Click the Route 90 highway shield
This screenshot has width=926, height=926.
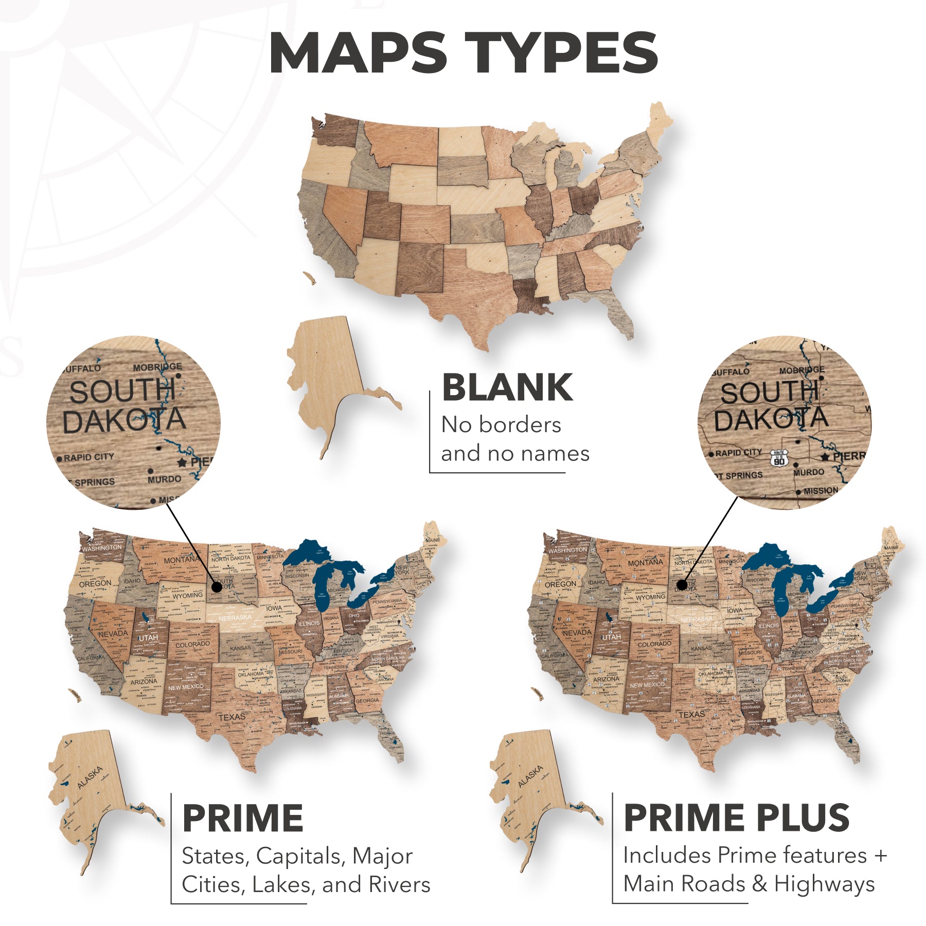779,457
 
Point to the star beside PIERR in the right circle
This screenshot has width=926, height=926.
825,457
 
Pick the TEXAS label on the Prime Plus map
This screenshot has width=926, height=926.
691,715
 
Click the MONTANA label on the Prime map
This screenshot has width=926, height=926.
181,559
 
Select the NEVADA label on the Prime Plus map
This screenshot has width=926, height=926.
577,633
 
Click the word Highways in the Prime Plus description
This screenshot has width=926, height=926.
824,884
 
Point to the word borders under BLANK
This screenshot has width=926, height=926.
520,425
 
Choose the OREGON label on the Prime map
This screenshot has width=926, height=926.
95,584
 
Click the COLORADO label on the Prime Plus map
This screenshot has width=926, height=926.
654,644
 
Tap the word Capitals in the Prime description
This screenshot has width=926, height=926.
300,856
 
